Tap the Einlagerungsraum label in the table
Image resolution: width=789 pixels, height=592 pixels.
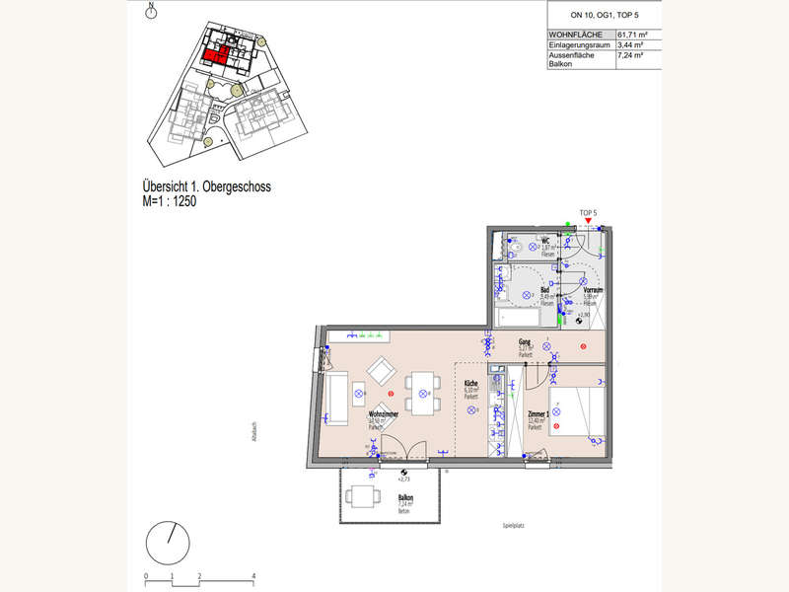pyautogui.click(x=579, y=45)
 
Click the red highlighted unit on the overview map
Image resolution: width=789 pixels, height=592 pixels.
pyautogui.click(x=219, y=54)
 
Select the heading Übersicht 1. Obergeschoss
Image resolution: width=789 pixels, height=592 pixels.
pyautogui.click(x=207, y=185)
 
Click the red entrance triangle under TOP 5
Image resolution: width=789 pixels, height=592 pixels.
pyautogui.click(x=589, y=221)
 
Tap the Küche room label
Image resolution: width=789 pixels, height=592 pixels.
pyautogui.click(x=471, y=384)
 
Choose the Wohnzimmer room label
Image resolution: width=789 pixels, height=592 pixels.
pyautogui.click(x=383, y=415)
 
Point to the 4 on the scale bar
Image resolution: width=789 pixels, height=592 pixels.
pyautogui.click(x=253, y=574)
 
